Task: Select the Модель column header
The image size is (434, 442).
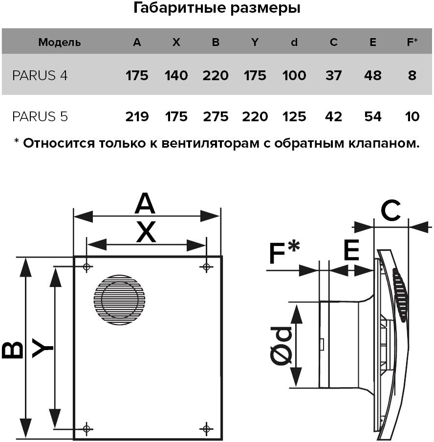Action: [x=59, y=43]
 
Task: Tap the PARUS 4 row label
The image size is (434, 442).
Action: [x=40, y=76]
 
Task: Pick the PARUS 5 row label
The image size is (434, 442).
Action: [x=40, y=117]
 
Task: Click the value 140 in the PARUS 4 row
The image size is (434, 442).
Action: [x=176, y=76]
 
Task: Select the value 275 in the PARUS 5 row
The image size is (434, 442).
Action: [x=216, y=117]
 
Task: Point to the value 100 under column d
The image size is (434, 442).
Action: [x=294, y=76]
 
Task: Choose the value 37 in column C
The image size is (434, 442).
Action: [x=333, y=76]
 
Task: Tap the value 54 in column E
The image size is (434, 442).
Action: [x=373, y=117]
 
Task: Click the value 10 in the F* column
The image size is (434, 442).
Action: [x=412, y=117]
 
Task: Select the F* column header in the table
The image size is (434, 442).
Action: [x=412, y=43]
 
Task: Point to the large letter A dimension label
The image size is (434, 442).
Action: [x=145, y=204]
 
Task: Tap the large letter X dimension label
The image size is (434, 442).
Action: [x=146, y=232]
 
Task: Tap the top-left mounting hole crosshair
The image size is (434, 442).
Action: [x=87, y=267]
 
